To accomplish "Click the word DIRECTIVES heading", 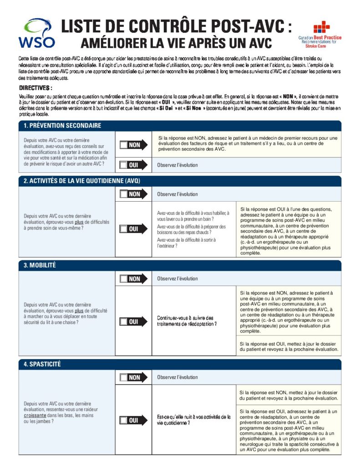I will click(35, 87).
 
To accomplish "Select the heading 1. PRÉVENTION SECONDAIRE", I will click(62, 126).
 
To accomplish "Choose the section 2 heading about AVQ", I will click(81, 181).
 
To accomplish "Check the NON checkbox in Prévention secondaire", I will click(124, 145).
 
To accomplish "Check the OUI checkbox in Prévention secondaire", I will click(124, 165).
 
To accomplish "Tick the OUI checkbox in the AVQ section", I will click(124, 229).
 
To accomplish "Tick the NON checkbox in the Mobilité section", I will click(124, 279).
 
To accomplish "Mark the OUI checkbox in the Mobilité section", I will click(124, 322).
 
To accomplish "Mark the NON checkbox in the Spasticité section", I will click(124, 377).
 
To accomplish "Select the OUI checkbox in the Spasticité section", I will click(124, 420).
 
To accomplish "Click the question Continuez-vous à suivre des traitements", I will click(187, 321).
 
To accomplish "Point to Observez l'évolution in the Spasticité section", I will click(177, 377).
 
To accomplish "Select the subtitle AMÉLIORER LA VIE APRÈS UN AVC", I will click(176, 43).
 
